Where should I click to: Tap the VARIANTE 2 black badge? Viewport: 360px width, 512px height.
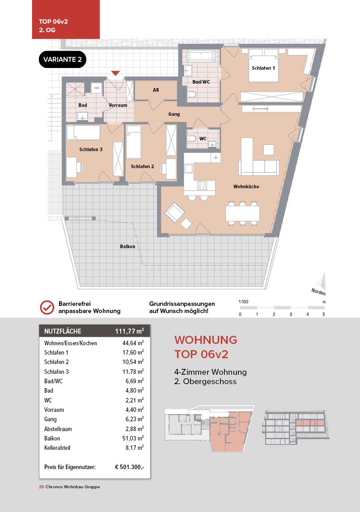pos(63,59)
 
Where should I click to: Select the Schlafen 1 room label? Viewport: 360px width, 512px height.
pos(263,68)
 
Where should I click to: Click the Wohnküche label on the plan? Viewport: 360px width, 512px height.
pos(246,186)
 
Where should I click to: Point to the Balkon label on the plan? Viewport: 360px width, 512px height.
pos(127,246)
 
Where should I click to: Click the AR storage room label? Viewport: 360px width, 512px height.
pos(156,90)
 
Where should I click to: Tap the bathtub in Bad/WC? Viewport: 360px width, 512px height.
pos(201,57)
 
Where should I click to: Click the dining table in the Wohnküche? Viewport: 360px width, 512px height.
pos(243,212)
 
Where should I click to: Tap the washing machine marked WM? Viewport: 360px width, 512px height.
pos(97,88)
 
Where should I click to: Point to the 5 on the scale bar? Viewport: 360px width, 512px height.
pos(324,314)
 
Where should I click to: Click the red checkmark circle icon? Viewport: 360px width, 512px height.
pos(47,307)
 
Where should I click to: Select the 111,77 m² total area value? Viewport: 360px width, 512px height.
pos(129,331)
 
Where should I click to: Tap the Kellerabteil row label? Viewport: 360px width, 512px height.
pos(58,448)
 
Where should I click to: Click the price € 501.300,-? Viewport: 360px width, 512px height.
pos(129,467)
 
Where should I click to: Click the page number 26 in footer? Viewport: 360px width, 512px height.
pos(41,487)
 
